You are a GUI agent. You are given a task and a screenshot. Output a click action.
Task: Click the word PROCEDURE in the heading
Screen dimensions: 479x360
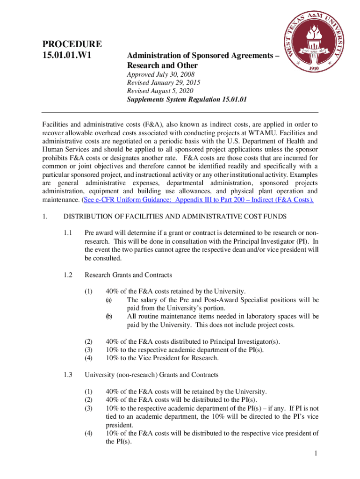click(x=72, y=45)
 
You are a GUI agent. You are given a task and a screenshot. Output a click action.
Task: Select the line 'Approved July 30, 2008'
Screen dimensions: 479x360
click(x=161, y=74)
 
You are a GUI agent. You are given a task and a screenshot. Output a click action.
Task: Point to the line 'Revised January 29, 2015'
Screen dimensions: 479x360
click(x=164, y=83)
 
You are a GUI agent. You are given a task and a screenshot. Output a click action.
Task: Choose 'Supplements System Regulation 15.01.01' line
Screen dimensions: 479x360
click(x=187, y=100)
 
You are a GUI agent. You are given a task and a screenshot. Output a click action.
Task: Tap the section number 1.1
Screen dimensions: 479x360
click(x=69, y=233)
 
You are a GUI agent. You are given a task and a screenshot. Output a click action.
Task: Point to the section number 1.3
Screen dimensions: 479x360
click(x=69, y=375)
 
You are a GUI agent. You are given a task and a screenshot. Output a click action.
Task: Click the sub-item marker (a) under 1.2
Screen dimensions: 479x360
click(x=108, y=300)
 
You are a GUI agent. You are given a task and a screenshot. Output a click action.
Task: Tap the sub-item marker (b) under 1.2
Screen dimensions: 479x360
click(x=108, y=317)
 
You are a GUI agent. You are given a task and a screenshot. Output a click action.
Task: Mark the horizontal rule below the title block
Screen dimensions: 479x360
click(x=180, y=112)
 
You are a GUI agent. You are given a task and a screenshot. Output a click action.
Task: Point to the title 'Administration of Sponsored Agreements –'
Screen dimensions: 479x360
click(x=203, y=56)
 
